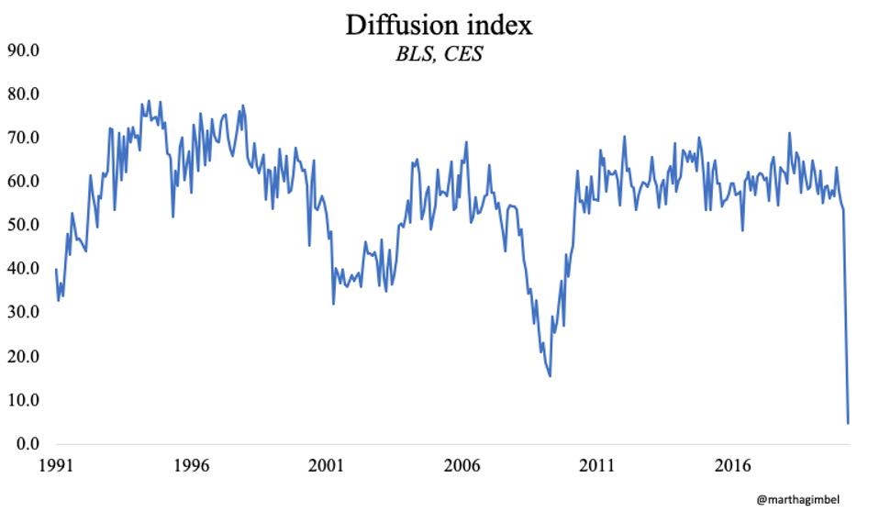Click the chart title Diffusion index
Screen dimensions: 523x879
pos(439,25)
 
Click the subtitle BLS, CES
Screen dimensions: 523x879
pos(439,55)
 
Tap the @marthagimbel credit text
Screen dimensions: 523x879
pos(797,500)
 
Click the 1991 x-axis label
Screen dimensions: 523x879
pos(55,465)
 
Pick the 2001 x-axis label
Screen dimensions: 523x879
pos(327,465)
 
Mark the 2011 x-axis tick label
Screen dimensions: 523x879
pos(597,465)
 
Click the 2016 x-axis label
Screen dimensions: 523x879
pos(733,465)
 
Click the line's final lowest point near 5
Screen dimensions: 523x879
pos(848,422)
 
